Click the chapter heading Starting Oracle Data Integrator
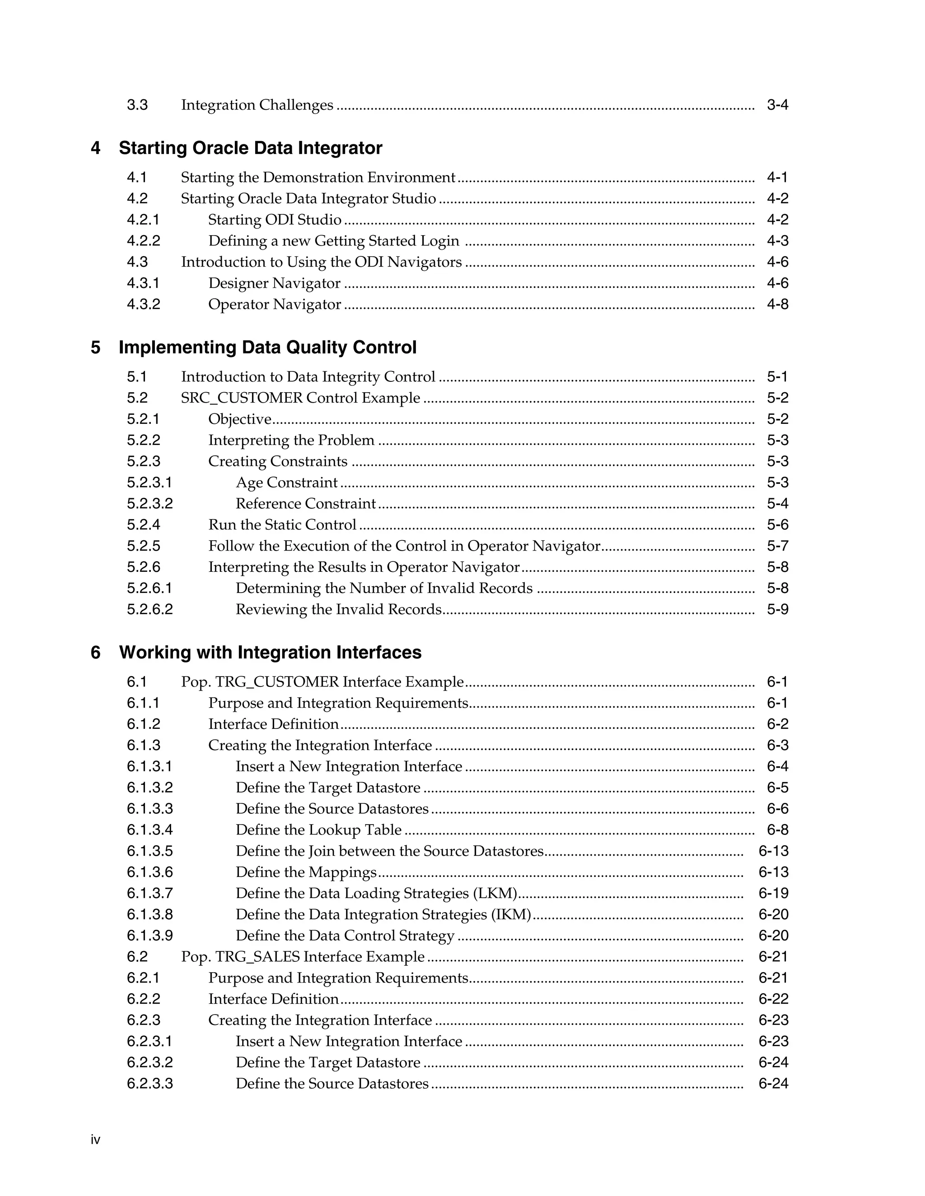coord(250,148)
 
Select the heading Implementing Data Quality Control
coord(267,347)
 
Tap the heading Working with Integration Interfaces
coord(270,652)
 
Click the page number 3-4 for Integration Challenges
coord(777,105)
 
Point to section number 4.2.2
coord(144,241)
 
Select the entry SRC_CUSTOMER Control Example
coord(300,398)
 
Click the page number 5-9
coord(777,609)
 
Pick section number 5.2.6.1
coord(149,588)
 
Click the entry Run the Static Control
coord(282,524)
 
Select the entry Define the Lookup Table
coord(318,830)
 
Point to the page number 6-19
coord(773,893)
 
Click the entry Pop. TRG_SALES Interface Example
coord(303,957)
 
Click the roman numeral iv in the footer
coord(95,1140)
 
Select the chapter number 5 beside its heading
coord(95,347)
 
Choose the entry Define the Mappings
coord(306,872)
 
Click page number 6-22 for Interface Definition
coord(773,999)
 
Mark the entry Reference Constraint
coord(306,503)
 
